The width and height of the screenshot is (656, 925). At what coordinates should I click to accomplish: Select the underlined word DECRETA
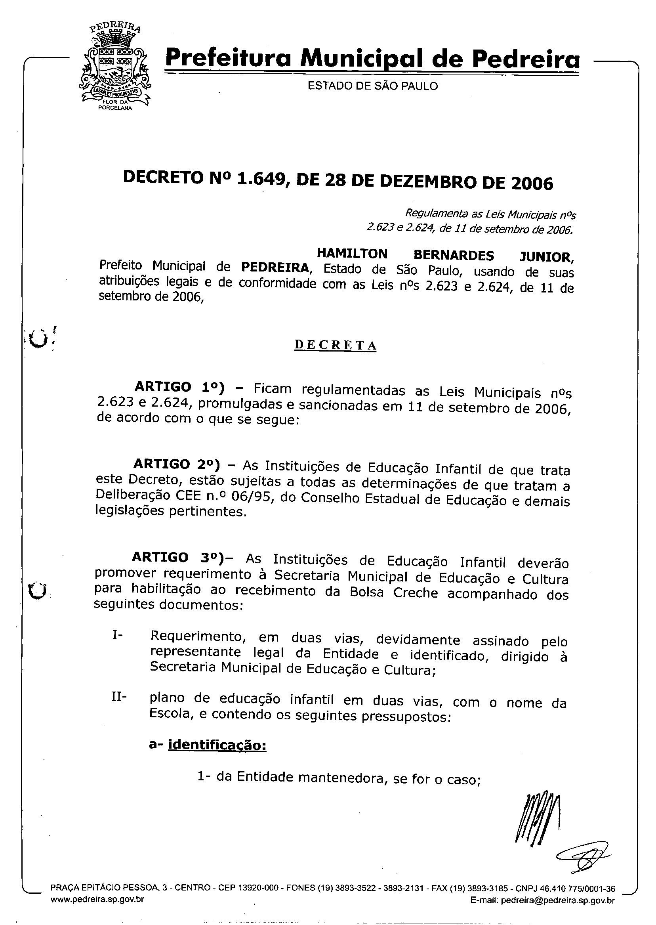(x=335, y=346)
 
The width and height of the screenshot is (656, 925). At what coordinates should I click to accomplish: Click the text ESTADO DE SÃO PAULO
(x=372, y=86)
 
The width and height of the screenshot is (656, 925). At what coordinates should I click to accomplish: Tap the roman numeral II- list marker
(x=119, y=697)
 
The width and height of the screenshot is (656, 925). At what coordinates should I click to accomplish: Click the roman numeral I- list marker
(x=118, y=635)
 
